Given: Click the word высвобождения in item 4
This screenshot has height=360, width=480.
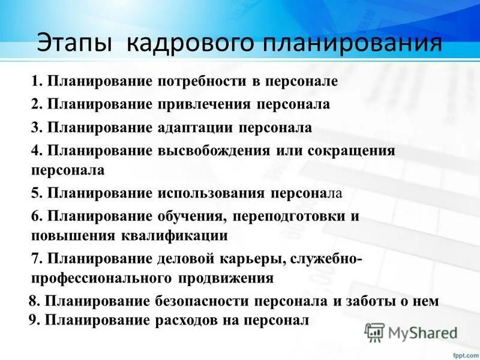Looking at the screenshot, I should coord(213,150).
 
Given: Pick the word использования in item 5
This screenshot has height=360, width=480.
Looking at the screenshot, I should coord(211,193).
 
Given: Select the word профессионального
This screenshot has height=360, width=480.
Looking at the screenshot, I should coord(101,278).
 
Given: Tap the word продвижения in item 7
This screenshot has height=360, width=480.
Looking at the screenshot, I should coord(225,278).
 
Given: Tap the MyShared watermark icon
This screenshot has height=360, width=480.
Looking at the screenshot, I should coord(375,332).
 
